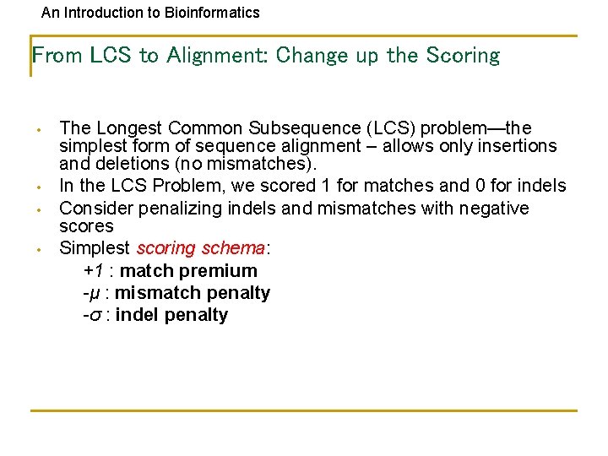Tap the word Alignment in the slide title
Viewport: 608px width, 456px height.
(216, 56)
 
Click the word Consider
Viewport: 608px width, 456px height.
(94, 208)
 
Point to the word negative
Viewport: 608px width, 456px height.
(493, 208)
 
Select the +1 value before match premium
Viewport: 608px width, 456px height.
(93, 271)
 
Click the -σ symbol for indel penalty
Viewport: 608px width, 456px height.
(92, 315)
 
